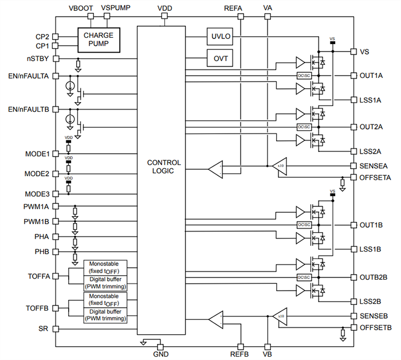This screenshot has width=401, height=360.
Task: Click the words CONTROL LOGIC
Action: [164, 167]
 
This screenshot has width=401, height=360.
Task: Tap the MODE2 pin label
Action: [37, 174]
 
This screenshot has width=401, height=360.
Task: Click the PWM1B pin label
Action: [37, 221]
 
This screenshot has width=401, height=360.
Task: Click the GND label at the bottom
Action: [162, 354]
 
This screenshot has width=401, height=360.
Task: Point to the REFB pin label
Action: [240, 354]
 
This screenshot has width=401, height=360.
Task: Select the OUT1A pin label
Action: [371, 75]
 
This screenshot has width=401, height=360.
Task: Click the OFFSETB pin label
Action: [376, 327]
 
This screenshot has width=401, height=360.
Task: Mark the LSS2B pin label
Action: [371, 300]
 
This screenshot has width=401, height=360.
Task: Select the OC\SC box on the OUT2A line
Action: [304, 127]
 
